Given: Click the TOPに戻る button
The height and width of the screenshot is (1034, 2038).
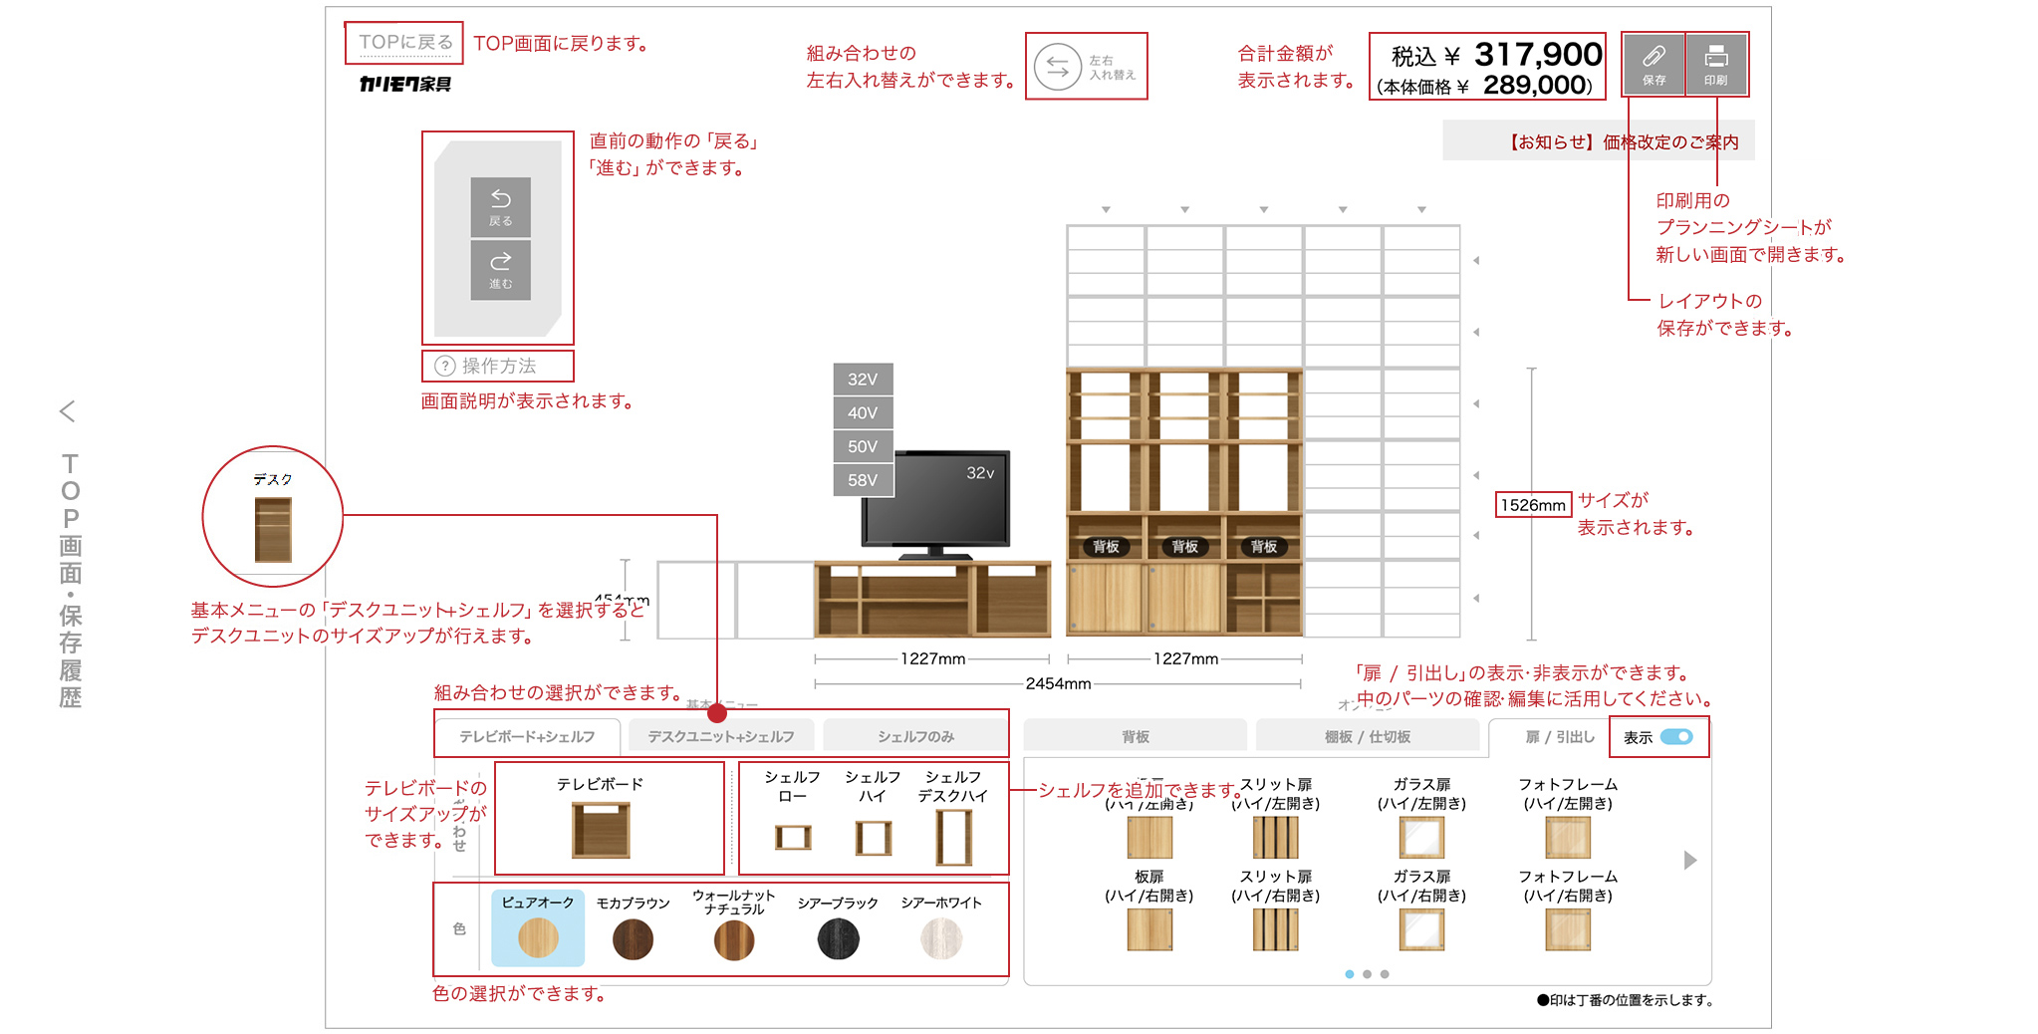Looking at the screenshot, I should pos(404,43).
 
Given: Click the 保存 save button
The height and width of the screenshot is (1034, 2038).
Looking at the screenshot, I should pos(1654,64).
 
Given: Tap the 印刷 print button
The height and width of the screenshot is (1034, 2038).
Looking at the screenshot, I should pos(1715,64).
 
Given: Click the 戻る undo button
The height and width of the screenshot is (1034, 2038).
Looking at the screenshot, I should pos(500,207).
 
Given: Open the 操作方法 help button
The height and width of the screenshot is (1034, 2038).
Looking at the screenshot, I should pos(497,366).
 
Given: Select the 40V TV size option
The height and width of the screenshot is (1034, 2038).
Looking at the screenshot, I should pos(863,412).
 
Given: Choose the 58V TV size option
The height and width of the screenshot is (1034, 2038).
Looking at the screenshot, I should pos(863,480).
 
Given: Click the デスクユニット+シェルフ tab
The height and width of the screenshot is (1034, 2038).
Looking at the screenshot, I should pos(721,736).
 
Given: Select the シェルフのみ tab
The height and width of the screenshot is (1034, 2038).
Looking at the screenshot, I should pos(915,736).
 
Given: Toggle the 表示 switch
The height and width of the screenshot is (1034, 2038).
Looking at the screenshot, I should pos(1676,737).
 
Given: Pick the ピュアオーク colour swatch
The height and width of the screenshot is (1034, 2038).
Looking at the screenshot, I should pos(538,936).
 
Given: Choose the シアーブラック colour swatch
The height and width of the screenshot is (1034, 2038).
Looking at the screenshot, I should pos(838,938).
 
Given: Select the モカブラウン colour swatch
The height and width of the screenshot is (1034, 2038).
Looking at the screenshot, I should pos(633,938).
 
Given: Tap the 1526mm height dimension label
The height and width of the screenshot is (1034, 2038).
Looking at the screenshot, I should pos(1533,505).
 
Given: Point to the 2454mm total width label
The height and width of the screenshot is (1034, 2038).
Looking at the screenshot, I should pos(1058,683).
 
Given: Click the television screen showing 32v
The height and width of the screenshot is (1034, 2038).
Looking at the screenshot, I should pos(936,498).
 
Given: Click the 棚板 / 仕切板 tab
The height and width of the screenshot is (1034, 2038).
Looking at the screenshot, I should pos(1367,736).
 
